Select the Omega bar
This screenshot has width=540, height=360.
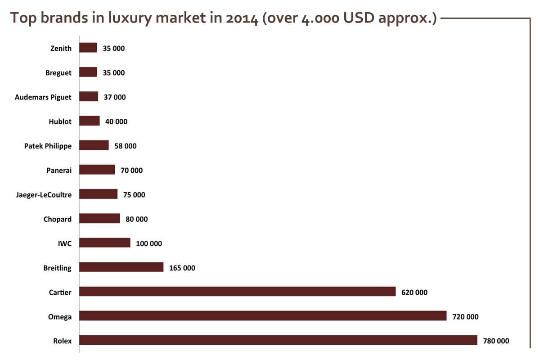263,316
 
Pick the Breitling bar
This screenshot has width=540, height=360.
121,267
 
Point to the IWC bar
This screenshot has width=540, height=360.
105,243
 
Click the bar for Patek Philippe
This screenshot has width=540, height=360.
94,145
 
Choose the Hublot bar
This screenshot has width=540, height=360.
90,121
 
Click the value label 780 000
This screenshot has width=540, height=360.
496,341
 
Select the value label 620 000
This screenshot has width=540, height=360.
414,292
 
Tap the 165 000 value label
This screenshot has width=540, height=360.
182,268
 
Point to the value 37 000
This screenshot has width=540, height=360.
115,97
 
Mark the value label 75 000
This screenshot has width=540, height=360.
134,194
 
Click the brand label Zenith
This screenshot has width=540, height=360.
61,48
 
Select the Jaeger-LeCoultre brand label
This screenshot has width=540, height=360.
43,194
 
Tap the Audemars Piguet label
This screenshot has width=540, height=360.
43,97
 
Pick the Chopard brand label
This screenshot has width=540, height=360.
58,219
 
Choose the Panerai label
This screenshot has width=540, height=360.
59,170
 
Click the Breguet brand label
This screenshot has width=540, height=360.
58,72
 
